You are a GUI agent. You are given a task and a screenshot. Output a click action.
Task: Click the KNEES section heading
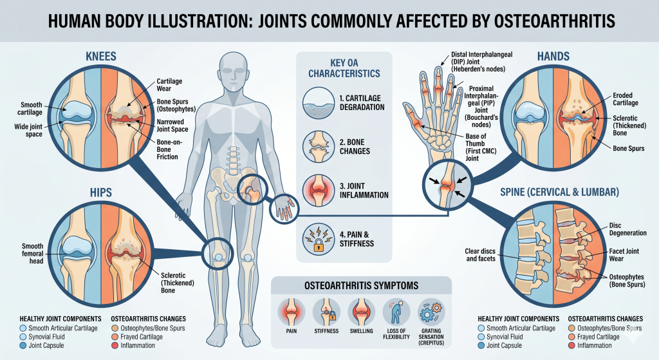pos(101,57)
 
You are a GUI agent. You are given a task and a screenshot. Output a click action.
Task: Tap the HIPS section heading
pos(101,193)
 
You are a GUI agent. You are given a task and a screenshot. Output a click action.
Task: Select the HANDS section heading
pos(553,57)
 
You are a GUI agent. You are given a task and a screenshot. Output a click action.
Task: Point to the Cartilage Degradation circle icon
pos(319,102)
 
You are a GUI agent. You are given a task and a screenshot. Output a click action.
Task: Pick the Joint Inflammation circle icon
pos(319,190)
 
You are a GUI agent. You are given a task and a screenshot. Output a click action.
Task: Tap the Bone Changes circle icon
pos(319,146)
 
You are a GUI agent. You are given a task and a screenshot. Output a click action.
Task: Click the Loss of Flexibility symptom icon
pos(396,312)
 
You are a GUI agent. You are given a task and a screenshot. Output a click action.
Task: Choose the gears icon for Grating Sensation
pos(431,312)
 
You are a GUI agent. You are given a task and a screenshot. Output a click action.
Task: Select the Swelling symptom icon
pos(362,312)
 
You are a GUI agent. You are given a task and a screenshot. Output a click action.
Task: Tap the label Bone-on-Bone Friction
pos(169,149)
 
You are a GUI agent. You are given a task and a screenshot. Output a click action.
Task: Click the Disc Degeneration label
pos(628,229)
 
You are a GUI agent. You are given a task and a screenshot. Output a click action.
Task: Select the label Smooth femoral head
pos(33,253)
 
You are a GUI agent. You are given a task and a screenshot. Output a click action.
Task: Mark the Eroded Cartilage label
pos(626,99)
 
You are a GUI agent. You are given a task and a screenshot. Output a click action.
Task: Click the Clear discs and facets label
pos(480,255)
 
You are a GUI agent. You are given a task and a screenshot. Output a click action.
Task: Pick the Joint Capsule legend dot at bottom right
pos(481,346)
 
